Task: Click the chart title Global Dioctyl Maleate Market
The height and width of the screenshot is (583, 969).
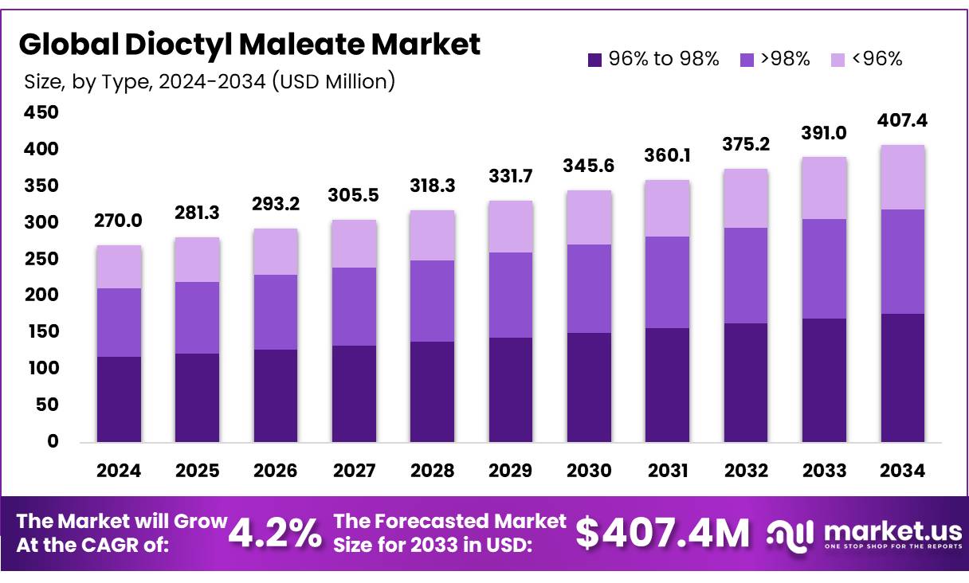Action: tap(249, 45)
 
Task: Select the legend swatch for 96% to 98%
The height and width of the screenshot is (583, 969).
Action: tap(594, 59)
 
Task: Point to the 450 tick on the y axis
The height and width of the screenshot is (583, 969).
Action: tap(42, 113)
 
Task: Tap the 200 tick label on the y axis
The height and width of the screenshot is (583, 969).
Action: tap(42, 295)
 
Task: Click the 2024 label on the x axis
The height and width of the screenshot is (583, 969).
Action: tap(119, 471)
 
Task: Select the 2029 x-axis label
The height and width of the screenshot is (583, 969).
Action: tap(511, 471)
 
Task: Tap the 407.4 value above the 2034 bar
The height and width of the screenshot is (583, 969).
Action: tap(903, 121)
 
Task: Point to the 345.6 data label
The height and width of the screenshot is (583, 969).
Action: tap(589, 167)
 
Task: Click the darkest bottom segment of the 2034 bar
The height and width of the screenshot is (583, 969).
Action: tap(903, 378)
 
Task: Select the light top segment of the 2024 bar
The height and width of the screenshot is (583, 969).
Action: tap(119, 267)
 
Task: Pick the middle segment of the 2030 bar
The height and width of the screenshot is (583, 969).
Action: tap(589, 288)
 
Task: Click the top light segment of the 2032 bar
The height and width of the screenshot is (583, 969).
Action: tap(746, 198)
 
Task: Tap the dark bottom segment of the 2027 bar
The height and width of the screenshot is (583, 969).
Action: tap(354, 393)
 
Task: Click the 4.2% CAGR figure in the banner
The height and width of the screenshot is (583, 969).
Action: tap(275, 533)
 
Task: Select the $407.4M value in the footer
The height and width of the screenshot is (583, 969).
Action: tap(662, 533)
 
